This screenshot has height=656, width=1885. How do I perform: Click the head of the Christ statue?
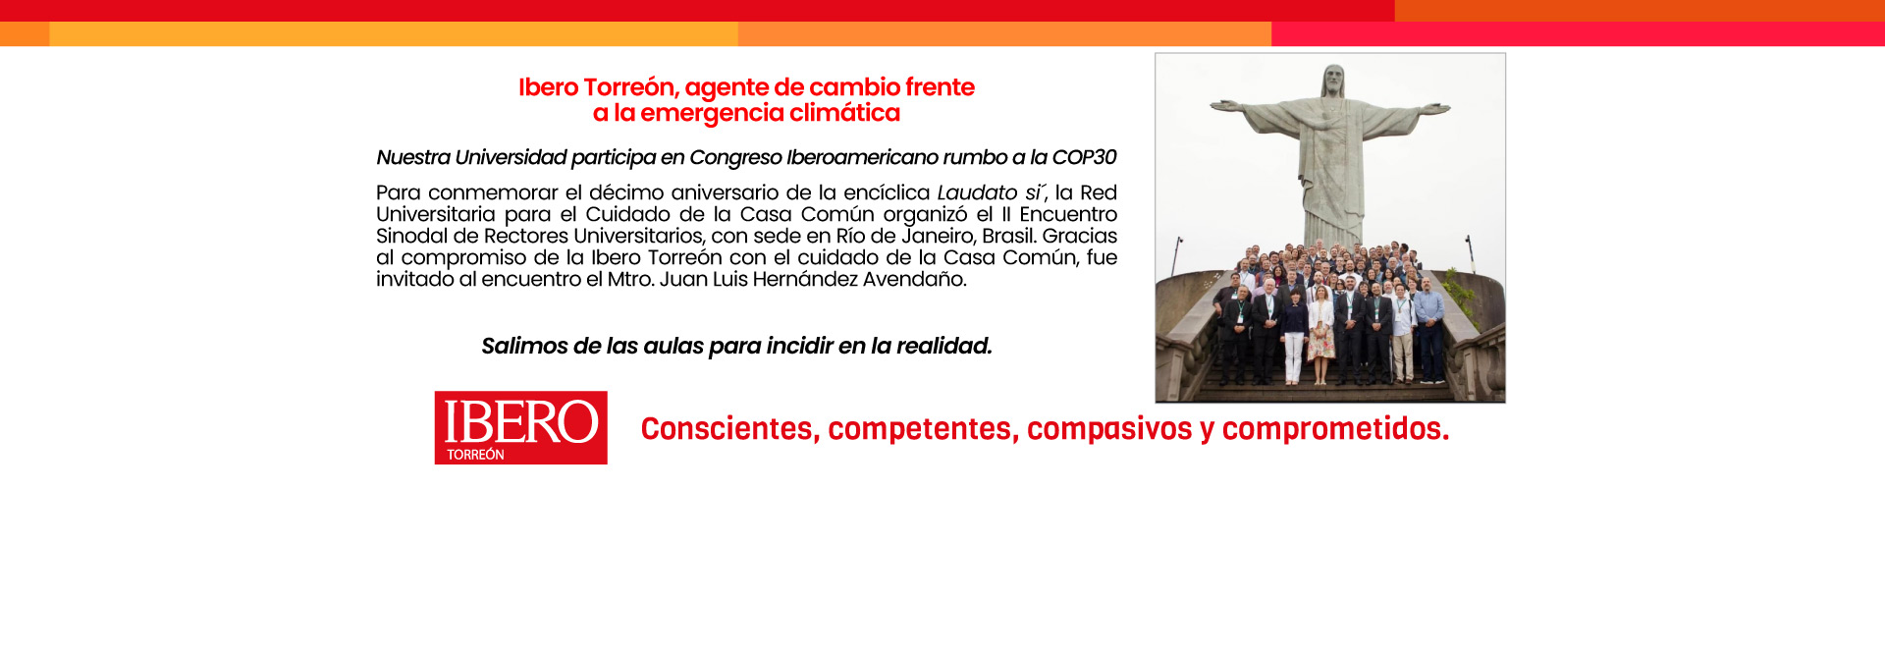(1332, 79)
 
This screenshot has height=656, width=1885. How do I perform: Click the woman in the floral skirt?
(1320, 335)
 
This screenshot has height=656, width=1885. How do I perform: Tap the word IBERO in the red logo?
(520, 421)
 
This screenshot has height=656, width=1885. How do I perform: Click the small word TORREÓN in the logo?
(475, 455)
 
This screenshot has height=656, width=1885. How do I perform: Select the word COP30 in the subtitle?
(1084, 157)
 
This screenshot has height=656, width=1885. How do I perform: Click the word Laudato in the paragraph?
(977, 192)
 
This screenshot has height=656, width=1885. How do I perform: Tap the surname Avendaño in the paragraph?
(914, 280)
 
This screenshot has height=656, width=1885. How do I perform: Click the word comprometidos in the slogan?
(1335, 429)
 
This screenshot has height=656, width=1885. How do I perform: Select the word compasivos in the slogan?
(1108, 429)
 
